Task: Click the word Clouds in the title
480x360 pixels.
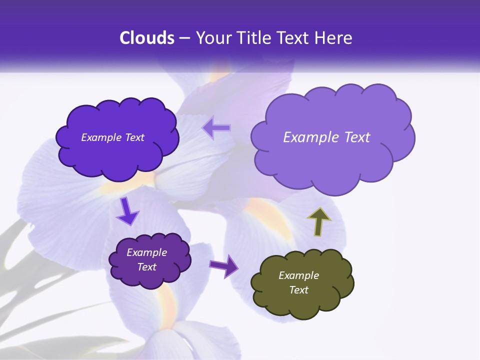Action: click(x=147, y=38)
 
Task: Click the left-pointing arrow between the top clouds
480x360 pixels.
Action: click(x=216, y=127)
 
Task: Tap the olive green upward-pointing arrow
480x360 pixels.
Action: click(x=319, y=222)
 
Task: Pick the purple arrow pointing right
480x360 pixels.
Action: click(x=224, y=265)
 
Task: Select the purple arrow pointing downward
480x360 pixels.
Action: click(x=127, y=211)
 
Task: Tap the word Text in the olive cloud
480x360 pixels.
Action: click(x=299, y=290)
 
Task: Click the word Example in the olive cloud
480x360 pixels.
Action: click(x=299, y=275)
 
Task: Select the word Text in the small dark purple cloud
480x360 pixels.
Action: click(x=147, y=267)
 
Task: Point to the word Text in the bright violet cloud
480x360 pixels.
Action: click(x=134, y=137)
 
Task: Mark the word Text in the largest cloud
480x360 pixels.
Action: click(x=358, y=137)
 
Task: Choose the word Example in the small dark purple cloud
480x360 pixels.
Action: click(x=147, y=252)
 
